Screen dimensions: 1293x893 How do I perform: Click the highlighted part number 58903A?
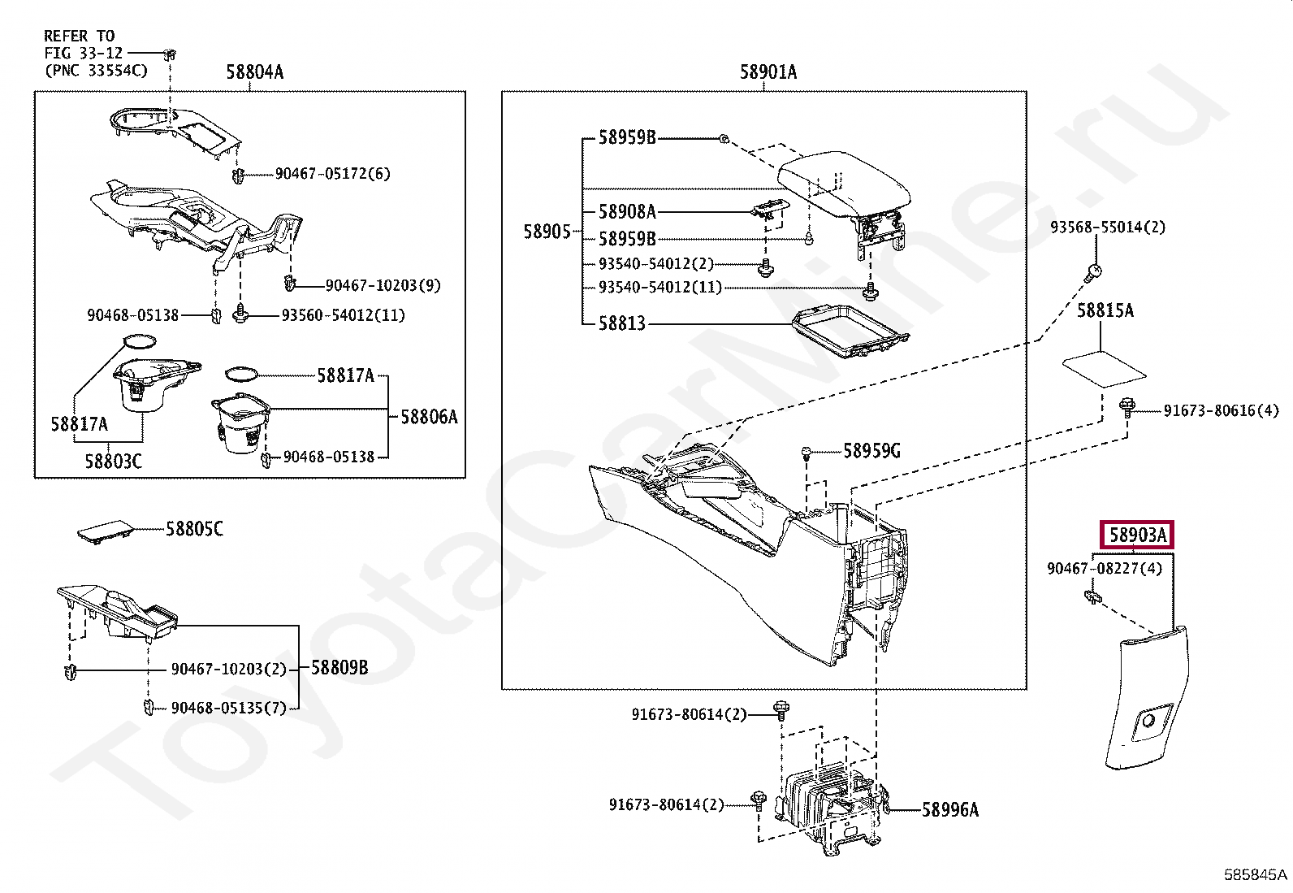1137,535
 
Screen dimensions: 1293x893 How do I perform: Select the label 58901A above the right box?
768,72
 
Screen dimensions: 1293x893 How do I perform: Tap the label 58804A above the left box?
254,72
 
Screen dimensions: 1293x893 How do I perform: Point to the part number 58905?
547,232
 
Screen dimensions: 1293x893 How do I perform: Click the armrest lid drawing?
844,184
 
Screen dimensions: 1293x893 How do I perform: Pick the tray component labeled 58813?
850,332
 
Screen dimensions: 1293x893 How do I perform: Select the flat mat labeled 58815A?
1104,369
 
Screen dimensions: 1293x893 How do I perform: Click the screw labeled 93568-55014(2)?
1092,272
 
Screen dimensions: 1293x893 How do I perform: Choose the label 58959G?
871,450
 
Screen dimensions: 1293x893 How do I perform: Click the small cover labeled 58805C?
105,531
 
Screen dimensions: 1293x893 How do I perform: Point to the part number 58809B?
339,668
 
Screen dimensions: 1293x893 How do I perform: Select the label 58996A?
950,810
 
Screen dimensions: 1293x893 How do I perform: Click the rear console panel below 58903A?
1146,698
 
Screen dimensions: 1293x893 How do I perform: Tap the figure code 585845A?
1256,874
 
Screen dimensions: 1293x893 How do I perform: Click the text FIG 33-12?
84,53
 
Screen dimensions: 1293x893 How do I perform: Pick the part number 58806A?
429,417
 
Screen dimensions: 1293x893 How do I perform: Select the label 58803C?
113,462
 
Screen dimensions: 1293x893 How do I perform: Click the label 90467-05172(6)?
332,174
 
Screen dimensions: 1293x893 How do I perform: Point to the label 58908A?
628,212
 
